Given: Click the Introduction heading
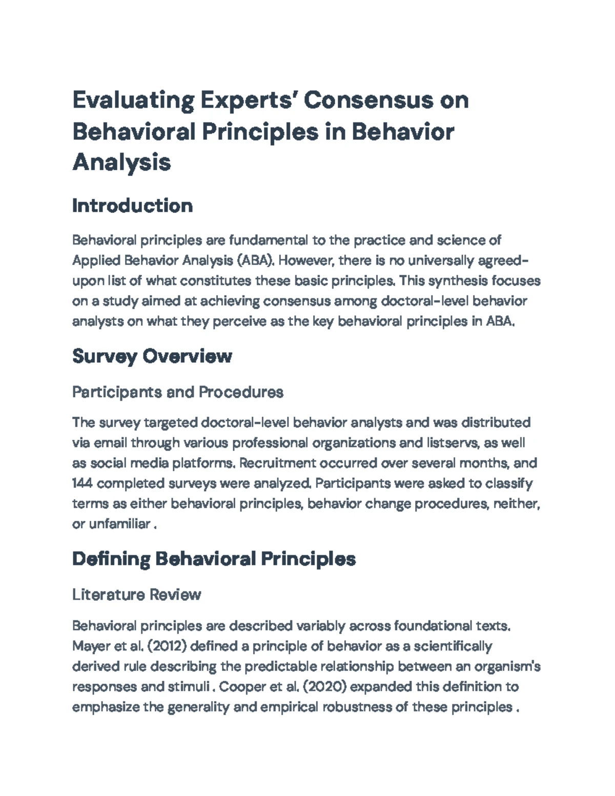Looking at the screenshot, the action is point(132,206).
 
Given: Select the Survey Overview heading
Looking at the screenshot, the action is point(152,356).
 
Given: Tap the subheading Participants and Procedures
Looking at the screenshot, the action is point(177,392).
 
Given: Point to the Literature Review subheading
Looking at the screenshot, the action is point(136,595).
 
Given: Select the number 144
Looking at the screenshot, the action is point(82,483).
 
